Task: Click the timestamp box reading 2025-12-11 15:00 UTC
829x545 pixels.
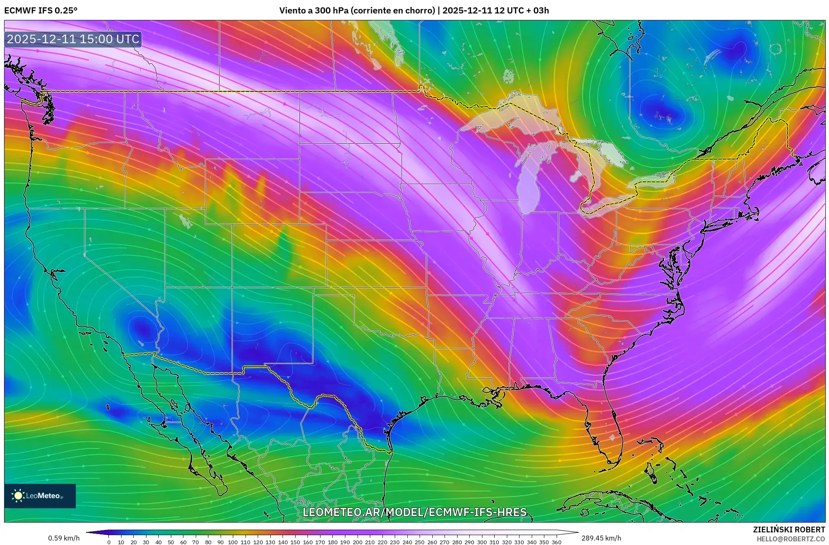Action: click(x=73, y=39)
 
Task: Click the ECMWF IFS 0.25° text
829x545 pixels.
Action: click(x=40, y=11)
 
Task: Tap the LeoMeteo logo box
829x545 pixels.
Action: click(x=40, y=496)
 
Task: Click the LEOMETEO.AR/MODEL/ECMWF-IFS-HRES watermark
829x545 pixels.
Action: click(x=414, y=512)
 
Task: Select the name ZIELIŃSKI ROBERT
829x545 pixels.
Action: click(x=789, y=530)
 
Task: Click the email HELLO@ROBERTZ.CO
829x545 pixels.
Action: click(x=791, y=539)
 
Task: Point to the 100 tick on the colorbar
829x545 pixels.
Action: click(x=232, y=542)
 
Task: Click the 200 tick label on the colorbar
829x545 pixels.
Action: click(x=357, y=542)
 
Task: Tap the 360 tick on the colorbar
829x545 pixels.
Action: click(x=556, y=542)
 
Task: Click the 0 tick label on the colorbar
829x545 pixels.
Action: click(x=108, y=542)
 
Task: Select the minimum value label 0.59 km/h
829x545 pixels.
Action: click(x=64, y=538)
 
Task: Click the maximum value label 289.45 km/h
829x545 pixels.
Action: click(x=601, y=538)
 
